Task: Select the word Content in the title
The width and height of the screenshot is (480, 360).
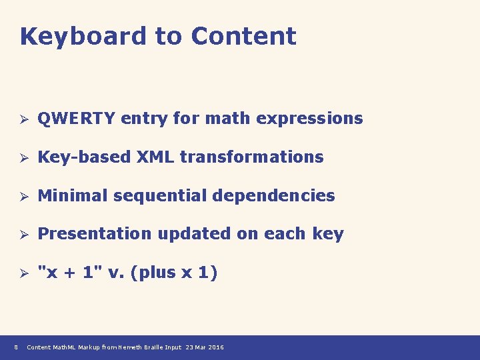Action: click(x=243, y=37)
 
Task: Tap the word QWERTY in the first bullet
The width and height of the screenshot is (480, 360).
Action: click(x=76, y=119)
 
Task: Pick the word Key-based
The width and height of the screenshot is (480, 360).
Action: click(x=84, y=157)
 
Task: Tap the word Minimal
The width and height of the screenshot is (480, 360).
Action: click(x=73, y=196)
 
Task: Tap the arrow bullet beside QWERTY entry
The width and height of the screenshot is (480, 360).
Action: click(x=22, y=119)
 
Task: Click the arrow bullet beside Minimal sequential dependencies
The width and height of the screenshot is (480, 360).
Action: click(x=22, y=197)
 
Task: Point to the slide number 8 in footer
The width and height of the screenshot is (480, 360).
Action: click(x=15, y=347)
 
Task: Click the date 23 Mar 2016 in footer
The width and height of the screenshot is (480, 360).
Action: click(x=205, y=347)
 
